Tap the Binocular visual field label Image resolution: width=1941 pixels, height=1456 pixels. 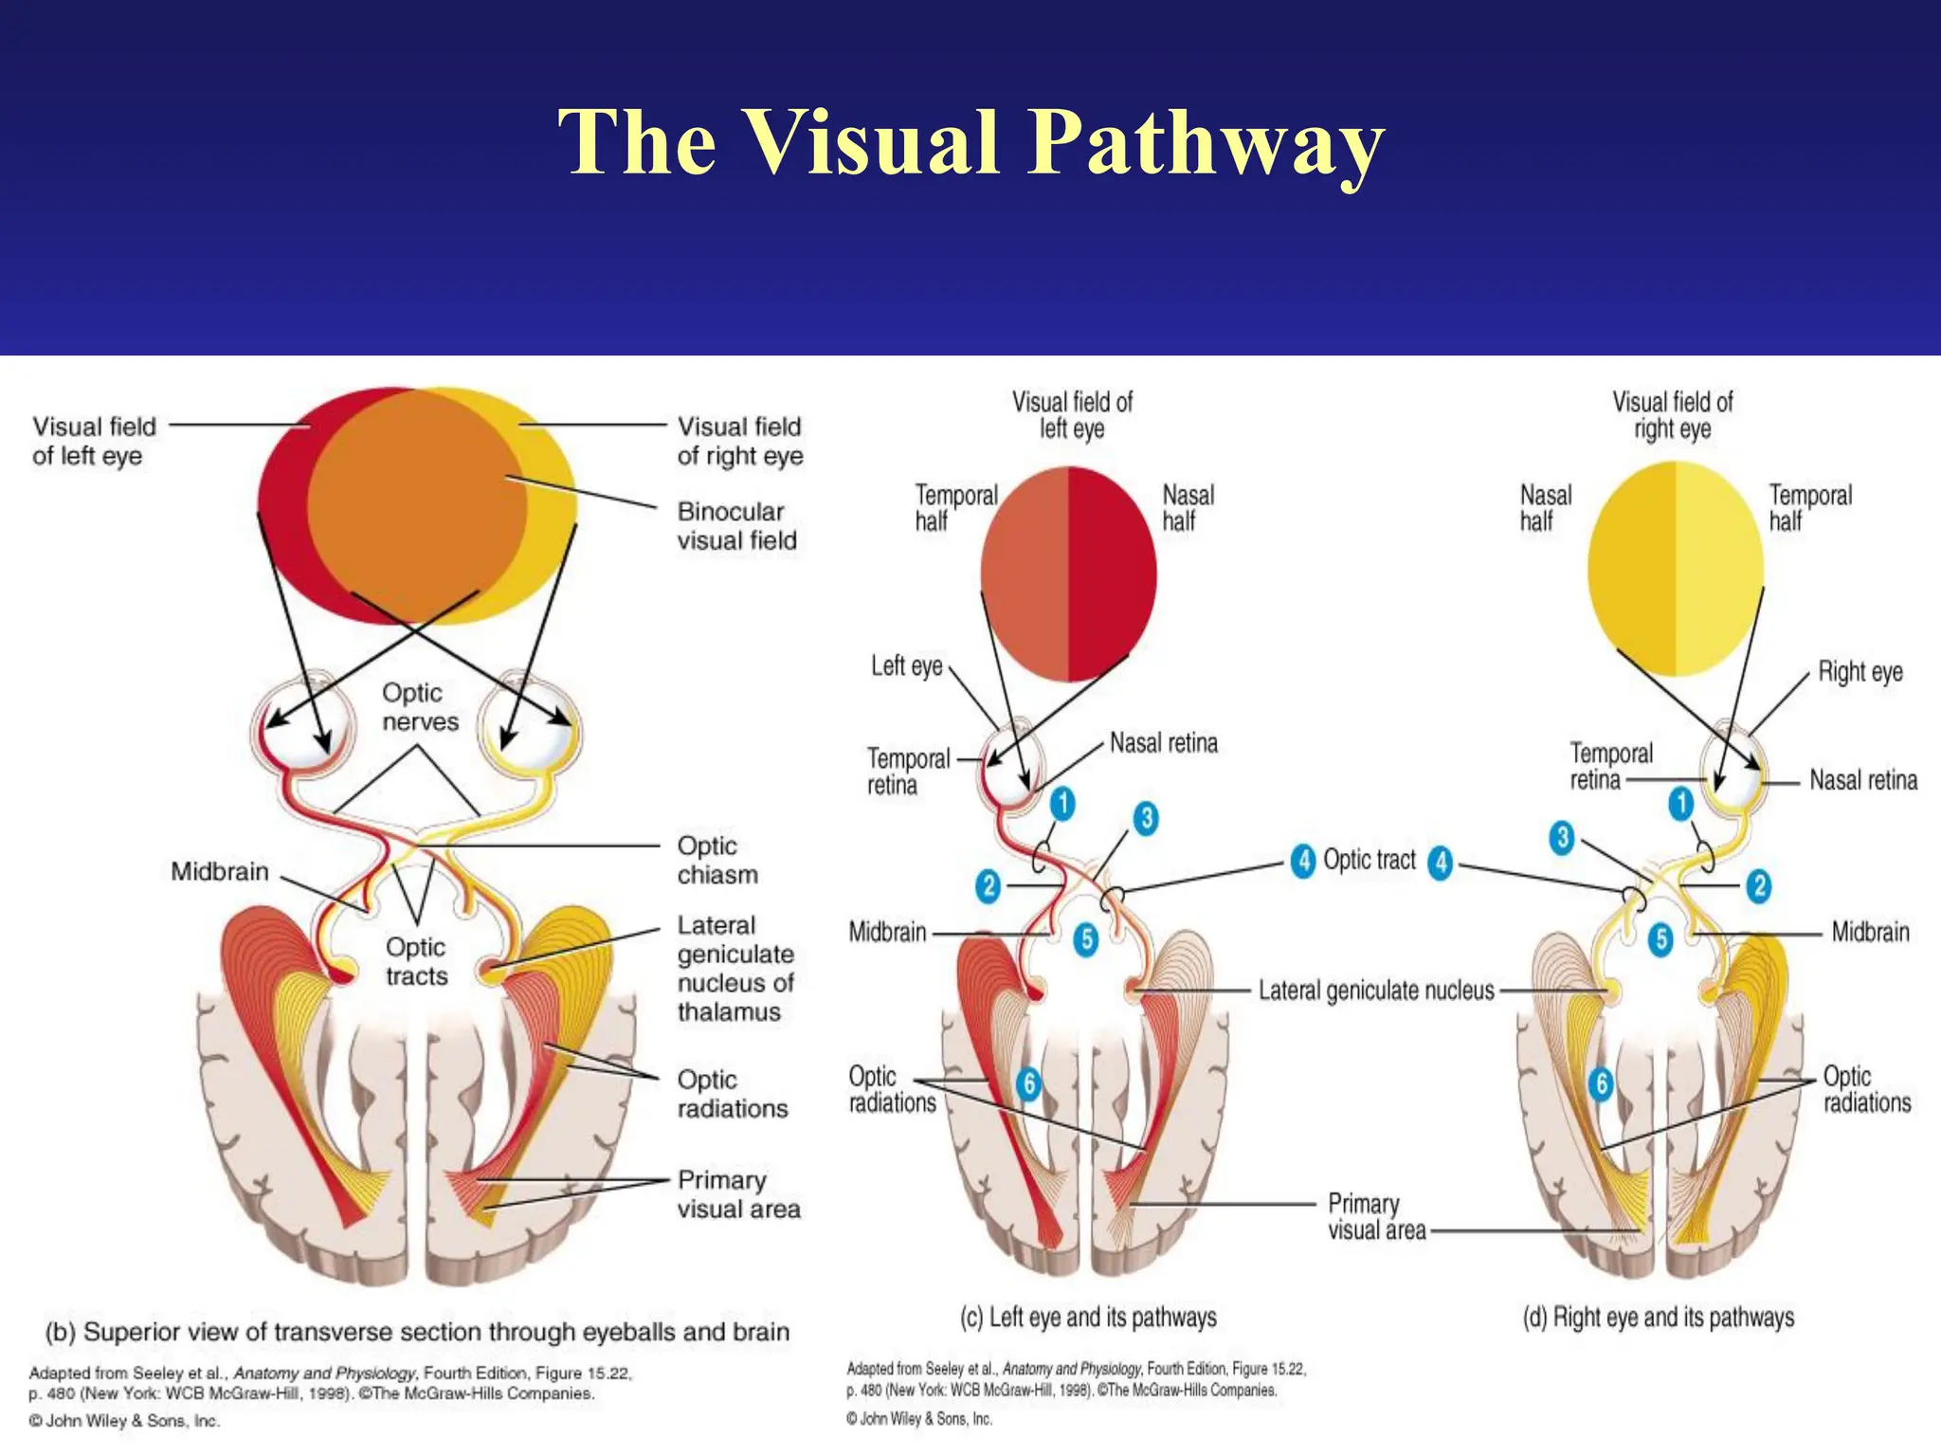(x=736, y=526)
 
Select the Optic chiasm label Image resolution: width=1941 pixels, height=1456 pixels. (x=717, y=860)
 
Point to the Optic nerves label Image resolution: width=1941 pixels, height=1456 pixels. (x=419, y=707)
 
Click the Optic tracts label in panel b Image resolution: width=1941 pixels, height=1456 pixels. (x=416, y=961)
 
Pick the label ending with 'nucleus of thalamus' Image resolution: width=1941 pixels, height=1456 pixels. (x=735, y=968)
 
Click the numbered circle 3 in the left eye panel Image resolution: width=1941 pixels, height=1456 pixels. (x=1146, y=818)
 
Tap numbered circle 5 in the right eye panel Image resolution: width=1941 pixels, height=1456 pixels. (x=1660, y=939)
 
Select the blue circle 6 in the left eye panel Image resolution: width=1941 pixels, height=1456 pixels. (x=1028, y=1083)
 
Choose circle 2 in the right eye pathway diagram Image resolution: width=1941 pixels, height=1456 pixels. (x=1759, y=885)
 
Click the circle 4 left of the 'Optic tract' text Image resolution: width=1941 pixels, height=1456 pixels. (x=1303, y=861)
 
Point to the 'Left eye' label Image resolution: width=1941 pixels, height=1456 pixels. (x=906, y=666)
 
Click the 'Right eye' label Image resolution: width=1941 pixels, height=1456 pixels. (x=1859, y=672)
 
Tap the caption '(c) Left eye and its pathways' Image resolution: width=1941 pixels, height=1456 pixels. (x=1088, y=1318)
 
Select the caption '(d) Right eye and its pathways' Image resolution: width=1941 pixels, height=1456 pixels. (x=1658, y=1318)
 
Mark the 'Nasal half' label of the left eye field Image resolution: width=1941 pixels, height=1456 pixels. (x=1187, y=508)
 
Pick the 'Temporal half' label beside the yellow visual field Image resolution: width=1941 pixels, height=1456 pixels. (x=1809, y=508)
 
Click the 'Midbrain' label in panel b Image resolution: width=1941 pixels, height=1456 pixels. (x=220, y=872)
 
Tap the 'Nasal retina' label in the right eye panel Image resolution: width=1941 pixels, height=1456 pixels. (x=1862, y=780)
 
